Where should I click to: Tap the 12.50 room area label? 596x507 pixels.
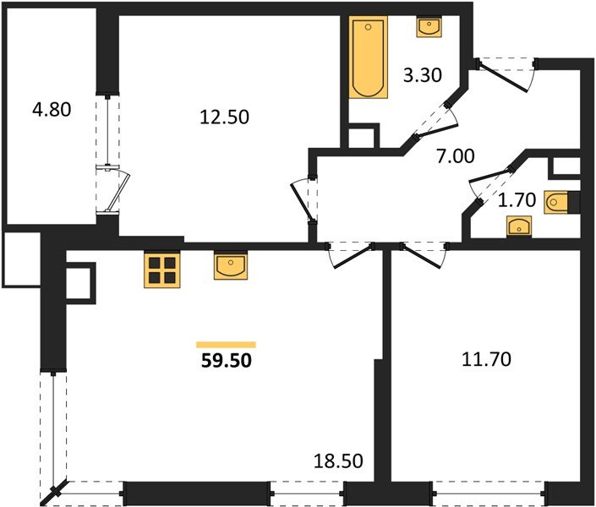224,117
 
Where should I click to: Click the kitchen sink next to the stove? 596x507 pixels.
230,266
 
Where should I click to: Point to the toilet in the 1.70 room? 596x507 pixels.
561,203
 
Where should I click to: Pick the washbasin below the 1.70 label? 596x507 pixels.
517,226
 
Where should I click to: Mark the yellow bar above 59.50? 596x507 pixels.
226,344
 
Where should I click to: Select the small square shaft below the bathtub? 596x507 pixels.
364,139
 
